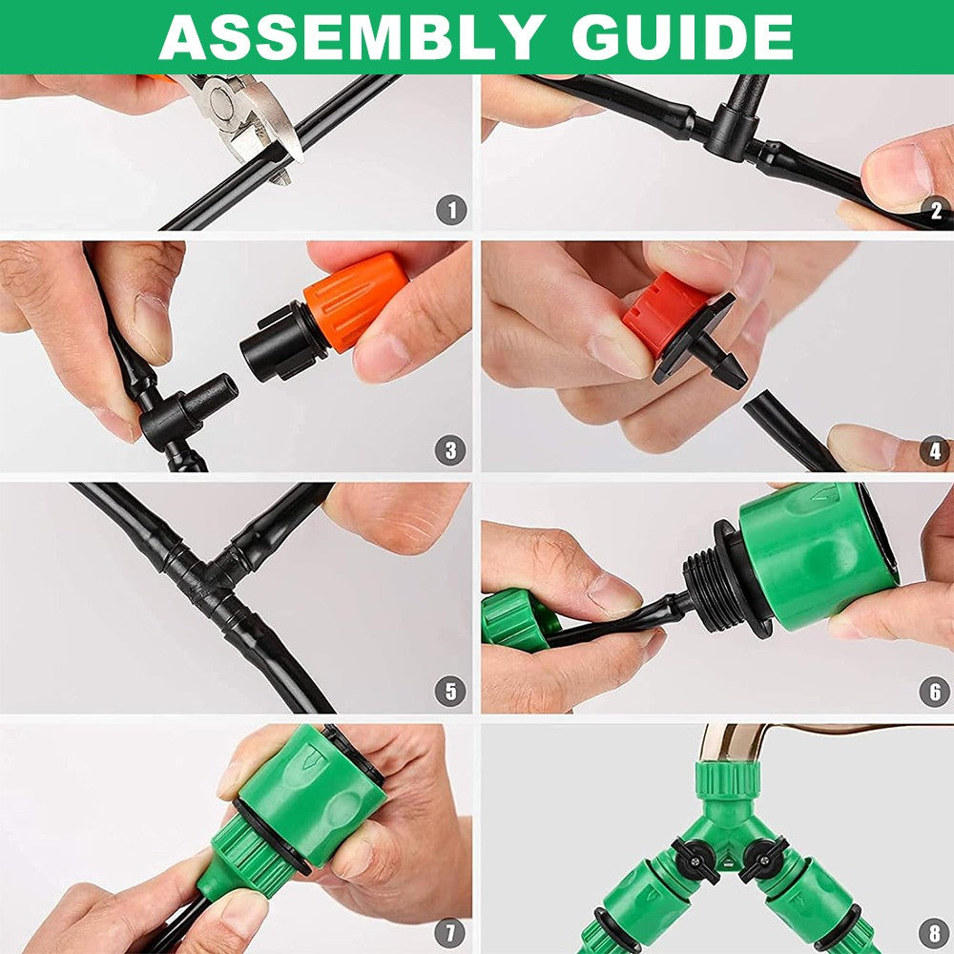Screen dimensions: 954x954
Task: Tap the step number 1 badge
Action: (451, 211)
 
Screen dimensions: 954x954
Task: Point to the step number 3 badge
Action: (450, 450)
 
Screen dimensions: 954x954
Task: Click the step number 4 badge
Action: (936, 451)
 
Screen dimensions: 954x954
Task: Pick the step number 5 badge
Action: (450, 691)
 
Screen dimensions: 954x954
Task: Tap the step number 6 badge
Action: (935, 692)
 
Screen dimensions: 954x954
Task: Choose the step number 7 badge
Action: (450, 932)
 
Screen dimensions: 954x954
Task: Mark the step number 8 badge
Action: (935, 933)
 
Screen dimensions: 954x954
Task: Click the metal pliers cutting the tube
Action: (243, 118)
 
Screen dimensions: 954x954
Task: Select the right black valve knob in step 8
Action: (760, 858)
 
